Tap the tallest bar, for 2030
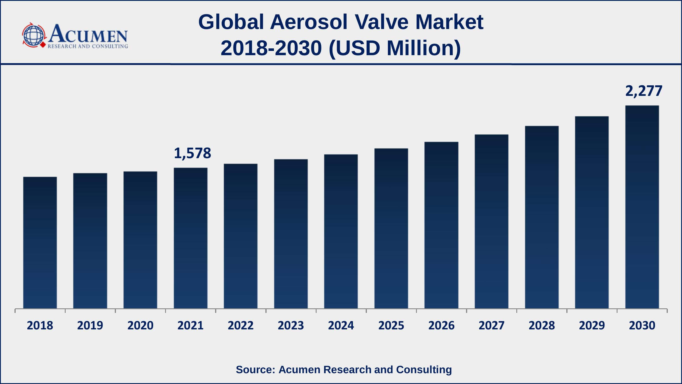coord(642,207)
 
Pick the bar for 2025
coord(391,228)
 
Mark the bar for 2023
coord(291,234)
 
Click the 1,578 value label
coord(192,153)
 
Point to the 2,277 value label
coord(644,91)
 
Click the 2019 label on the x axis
coord(90,325)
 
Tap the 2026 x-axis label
coord(441,325)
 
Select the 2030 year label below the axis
coord(642,325)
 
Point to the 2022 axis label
coord(240,325)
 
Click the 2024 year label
coord(341,325)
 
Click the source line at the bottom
coord(344,369)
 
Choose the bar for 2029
coord(592,212)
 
